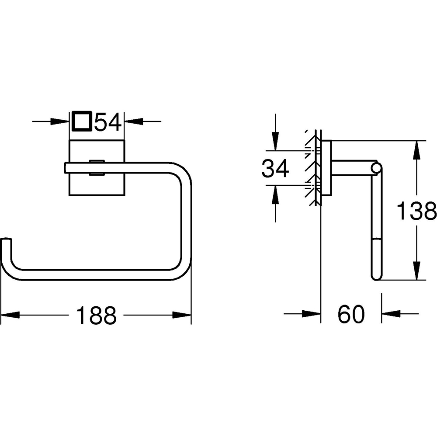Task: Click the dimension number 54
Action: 108,122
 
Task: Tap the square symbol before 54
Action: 82,121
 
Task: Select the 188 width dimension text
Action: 97,315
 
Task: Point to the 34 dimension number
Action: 275,168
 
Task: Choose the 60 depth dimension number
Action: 351,314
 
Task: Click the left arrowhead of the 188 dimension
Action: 10,314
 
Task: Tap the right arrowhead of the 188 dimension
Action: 182,314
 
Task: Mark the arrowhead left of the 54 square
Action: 60,121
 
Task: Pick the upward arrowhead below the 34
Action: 275,194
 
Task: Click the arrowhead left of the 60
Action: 311,314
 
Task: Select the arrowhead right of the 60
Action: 392,314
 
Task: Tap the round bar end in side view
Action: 376,168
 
